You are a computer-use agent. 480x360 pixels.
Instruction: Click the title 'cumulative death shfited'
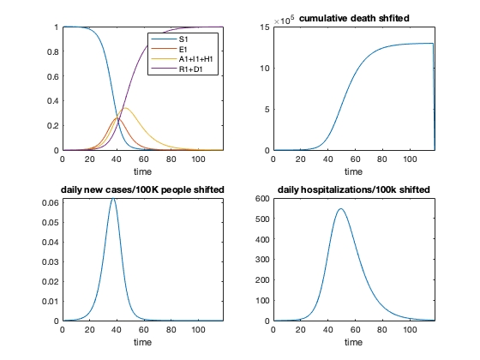coord(354,19)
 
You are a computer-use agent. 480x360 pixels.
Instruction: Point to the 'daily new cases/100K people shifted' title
coord(142,189)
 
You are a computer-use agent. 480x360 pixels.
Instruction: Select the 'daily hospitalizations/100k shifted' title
coord(354,189)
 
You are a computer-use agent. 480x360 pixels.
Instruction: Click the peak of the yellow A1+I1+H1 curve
coord(124,108)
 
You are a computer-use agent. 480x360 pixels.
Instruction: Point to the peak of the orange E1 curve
coord(117,118)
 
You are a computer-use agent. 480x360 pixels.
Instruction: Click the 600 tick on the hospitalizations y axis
coord(263,198)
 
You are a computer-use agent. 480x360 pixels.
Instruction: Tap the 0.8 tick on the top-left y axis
coord(53,52)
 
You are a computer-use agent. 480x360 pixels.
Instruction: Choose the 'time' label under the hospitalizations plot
coord(354,341)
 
